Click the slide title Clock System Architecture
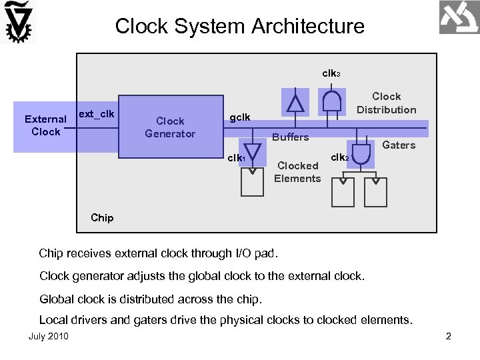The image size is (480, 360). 239,26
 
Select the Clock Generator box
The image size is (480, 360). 170,127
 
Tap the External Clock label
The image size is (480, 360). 45,125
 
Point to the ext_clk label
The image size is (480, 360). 96,114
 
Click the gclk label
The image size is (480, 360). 240,117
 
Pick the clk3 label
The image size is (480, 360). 331,73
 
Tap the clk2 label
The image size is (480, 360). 339,157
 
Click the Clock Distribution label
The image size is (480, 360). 386,103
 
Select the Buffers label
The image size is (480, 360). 290,137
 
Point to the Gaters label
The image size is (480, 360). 399,145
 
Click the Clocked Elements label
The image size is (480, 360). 297,171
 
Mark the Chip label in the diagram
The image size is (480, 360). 102,217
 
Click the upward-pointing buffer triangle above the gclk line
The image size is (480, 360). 295,103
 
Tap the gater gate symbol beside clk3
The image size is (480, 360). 332,101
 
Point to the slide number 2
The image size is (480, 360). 448,336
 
